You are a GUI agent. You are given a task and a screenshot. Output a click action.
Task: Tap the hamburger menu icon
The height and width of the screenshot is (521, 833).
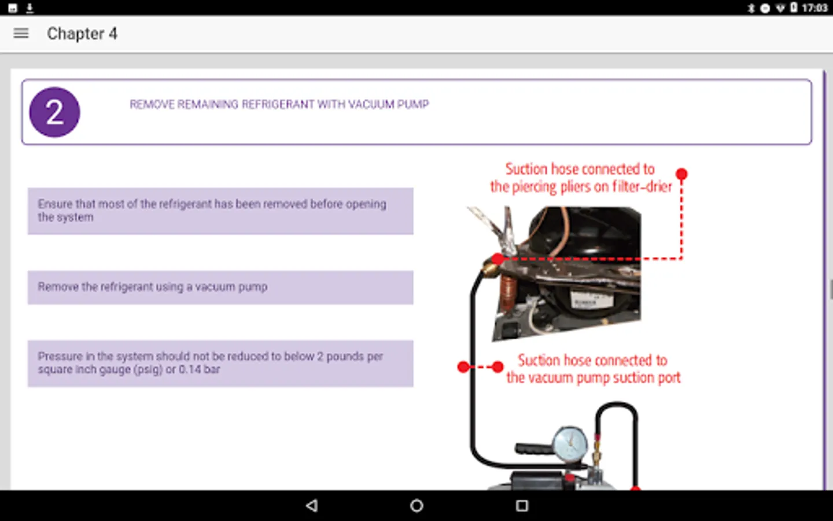pos(21,34)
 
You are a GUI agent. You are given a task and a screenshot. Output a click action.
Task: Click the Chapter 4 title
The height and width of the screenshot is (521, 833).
pos(82,34)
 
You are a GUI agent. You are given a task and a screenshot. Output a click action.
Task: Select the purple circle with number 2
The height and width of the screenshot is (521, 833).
pos(54,112)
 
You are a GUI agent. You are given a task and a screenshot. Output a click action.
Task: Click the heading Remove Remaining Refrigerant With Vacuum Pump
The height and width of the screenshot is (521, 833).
pos(279,104)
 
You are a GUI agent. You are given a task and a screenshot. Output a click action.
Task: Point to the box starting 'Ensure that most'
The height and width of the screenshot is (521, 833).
pos(220,211)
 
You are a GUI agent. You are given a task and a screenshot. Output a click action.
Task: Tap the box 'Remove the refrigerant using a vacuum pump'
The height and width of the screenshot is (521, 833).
pos(220,287)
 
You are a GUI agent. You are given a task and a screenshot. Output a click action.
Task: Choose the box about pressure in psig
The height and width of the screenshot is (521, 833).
pos(220,363)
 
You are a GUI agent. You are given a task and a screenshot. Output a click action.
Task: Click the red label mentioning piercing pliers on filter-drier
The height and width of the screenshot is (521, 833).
pos(580,178)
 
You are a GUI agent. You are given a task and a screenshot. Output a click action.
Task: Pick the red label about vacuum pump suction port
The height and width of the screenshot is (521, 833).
pos(593,369)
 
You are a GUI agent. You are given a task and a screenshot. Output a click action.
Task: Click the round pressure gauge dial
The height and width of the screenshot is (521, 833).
pos(570,444)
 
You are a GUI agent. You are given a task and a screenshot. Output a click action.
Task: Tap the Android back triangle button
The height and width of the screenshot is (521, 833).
pos(312,505)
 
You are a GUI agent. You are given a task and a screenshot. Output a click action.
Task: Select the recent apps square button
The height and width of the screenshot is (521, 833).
pos(522,505)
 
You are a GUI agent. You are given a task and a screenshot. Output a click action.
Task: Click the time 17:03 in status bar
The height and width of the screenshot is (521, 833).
pos(814,8)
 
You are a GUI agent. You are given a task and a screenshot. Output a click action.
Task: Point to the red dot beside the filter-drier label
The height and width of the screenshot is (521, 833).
pos(681,174)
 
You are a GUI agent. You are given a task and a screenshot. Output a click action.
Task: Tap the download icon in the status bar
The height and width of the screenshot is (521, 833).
pos(30,8)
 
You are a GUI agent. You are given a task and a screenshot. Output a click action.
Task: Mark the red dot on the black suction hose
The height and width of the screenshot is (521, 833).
pos(463,366)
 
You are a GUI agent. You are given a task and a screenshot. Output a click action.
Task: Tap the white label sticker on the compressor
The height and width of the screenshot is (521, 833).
pos(585,300)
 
